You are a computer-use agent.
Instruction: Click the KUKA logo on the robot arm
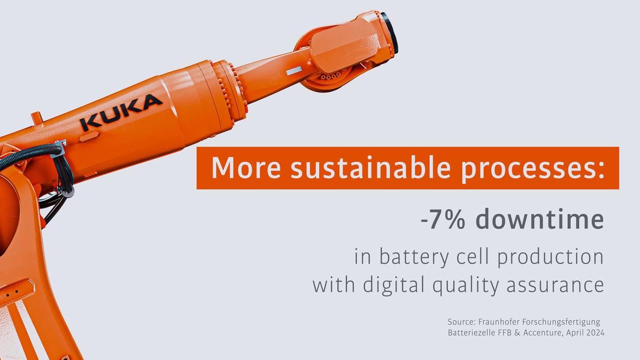tap(121, 112)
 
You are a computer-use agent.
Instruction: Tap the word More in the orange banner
tap(245, 168)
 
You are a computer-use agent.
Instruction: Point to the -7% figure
tap(443, 220)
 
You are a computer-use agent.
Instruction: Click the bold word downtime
tap(539, 219)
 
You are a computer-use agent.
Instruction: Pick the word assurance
tap(555, 286)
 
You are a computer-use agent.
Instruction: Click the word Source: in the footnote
tap(461, 322)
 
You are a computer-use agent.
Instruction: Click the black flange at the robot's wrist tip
tap(390, 32)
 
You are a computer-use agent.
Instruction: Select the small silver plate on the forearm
tap(294, 70)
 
